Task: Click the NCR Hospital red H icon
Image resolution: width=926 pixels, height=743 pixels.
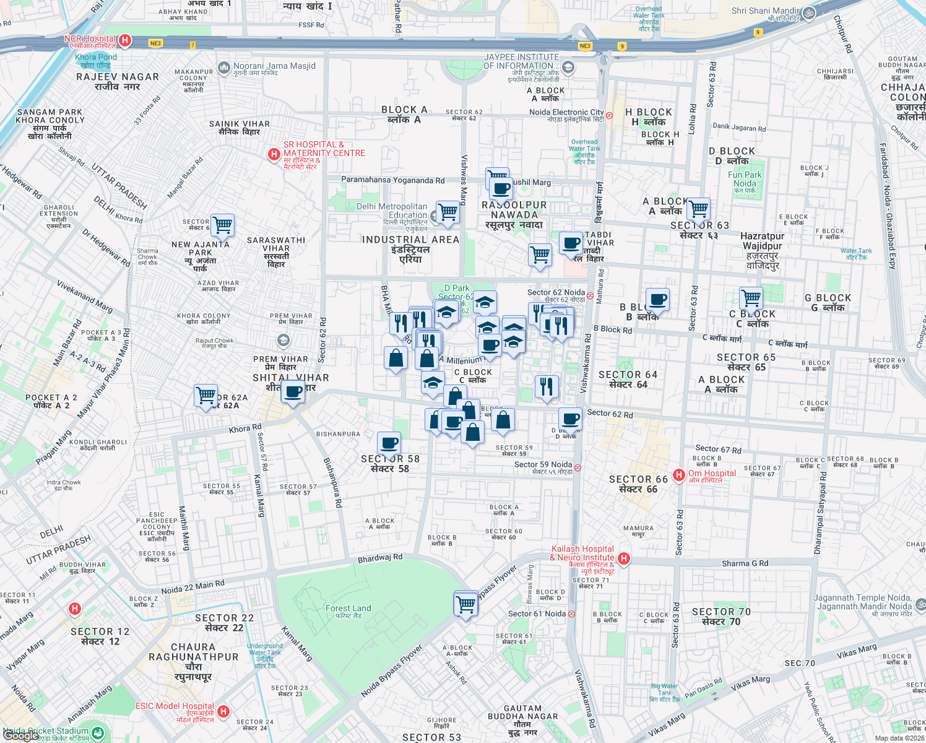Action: coord(124,41)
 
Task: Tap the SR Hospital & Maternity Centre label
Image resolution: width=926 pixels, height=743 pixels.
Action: coord(324,149)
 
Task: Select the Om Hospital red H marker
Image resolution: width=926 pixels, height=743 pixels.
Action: coord(679,475)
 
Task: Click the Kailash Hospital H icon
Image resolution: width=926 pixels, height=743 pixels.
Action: coord(624,558)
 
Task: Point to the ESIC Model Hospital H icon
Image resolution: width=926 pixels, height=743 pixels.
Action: coord(224,711)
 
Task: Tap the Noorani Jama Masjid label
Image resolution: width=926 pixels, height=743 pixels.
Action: coord(274,66)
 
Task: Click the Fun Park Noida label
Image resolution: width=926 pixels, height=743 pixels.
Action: coord(745,179)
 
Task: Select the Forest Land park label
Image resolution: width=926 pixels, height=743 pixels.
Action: coord(348,609)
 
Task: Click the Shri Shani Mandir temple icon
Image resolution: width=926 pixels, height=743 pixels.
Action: coord(808,13)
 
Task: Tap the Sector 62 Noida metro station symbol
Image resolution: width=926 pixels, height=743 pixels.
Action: coord(590,295)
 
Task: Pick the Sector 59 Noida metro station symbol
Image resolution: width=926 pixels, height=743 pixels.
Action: coord(578,468)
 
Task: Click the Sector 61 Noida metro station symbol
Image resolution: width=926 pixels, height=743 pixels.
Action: coord(571,614)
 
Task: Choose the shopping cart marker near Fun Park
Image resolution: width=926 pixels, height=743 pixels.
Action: coord(698,209)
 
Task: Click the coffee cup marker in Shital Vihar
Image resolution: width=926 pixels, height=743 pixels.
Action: coord(293,391)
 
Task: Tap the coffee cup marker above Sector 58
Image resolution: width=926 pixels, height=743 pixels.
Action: coord(389,443)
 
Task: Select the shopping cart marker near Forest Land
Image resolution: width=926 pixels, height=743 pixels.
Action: coord(465,604)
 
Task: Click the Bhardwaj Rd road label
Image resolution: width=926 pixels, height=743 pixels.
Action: coord(380,558)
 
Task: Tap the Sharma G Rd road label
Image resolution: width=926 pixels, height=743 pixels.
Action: coord(745,563)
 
